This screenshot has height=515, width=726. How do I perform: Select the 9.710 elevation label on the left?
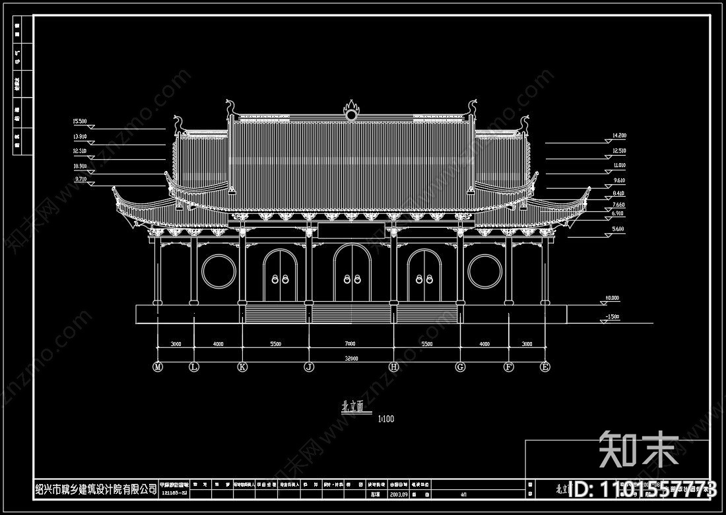point(81,179)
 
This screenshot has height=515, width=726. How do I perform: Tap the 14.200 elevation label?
point(619,135)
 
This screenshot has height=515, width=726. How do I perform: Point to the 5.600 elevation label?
point(618,228)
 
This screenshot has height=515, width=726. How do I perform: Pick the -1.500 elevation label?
point(612,318)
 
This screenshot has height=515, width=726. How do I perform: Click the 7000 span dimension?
point(350,344)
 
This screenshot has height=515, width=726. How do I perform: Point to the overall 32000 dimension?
point(350,359)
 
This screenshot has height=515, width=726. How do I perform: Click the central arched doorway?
point(350,274)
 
